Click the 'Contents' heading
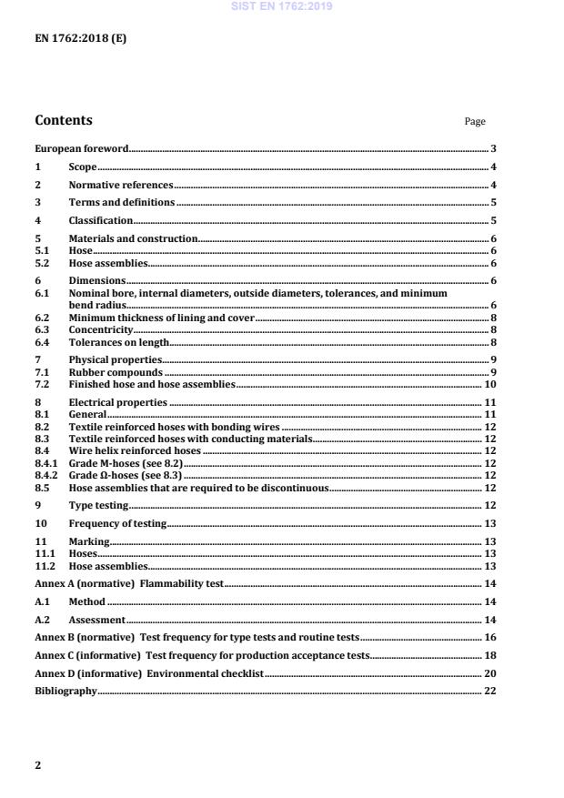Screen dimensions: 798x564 64,121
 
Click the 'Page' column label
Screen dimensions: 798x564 475,122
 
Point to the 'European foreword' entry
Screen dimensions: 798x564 81,148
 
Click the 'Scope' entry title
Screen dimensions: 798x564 83,167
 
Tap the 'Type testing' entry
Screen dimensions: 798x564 98,505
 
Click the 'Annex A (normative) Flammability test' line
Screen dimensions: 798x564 128,582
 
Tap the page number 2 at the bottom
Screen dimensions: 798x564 38,765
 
